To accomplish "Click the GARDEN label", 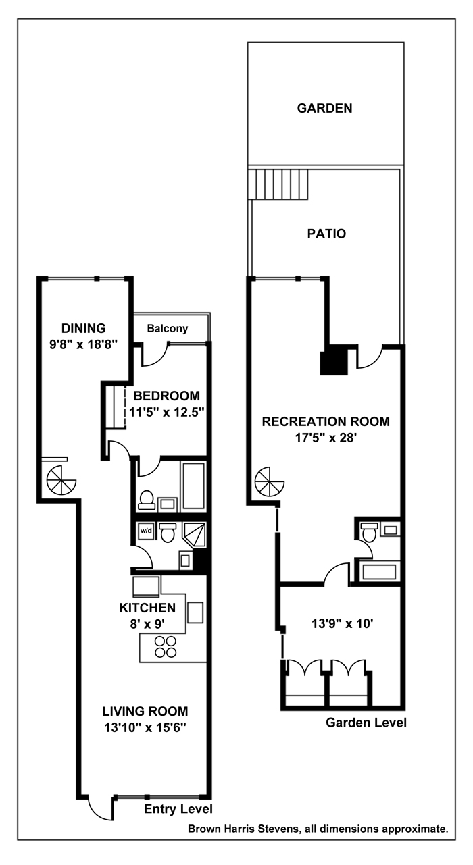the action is pos(324,108).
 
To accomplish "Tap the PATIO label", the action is pos(326,234).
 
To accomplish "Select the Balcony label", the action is pos(167,329).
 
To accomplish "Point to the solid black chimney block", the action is pos(332,361).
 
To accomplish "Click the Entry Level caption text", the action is pos(178,809).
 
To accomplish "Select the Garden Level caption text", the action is pos(366,723).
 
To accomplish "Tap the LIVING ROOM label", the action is pos(145,711).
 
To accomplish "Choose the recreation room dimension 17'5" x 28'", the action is pos(326,437).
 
